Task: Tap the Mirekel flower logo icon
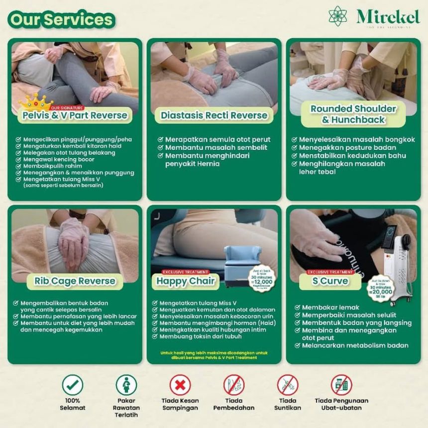(x=338, y=16)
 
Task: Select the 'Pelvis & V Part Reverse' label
(x=75, y=116)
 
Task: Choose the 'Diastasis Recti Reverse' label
(x=214, y=115)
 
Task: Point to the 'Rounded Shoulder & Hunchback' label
(x=353, y=114)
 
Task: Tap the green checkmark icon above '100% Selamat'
(x=73, y=385)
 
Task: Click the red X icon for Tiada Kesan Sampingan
(x=180, y=385)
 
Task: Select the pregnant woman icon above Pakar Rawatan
(x=126, y=385)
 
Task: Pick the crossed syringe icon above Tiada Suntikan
(x=288, y=385)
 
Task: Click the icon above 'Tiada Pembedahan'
(x=234, y=385)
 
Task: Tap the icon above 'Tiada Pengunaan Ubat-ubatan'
(x=341, y=385)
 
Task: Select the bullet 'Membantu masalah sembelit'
(x=216, y=148)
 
